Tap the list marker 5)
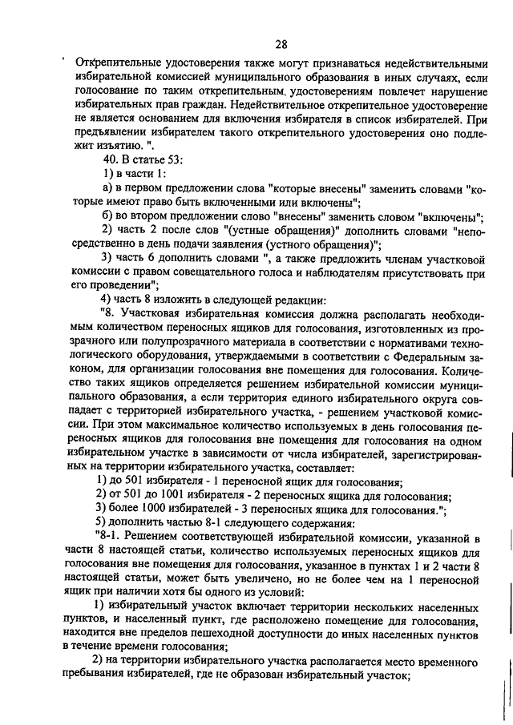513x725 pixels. (100, 524)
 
